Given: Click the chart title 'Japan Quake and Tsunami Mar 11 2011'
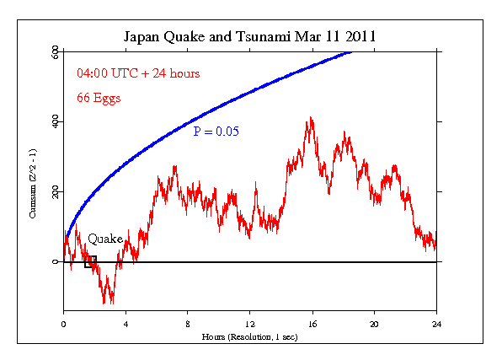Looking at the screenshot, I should [x=250, y=37].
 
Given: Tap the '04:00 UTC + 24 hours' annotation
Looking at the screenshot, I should [x=138, y=73].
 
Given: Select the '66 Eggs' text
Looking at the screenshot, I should [x=99, y=98].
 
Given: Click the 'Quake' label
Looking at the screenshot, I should [x=105, y=239].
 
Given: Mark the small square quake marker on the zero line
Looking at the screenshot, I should [x=90, y=261].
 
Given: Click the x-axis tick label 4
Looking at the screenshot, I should [x=125, y=323].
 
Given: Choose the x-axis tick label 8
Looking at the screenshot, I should [x=188, y=323].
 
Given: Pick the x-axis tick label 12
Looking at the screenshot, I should [x=250, y=323].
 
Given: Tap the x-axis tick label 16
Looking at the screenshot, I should [x=312, y=323].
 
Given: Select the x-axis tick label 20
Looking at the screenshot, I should [x=374, y=323].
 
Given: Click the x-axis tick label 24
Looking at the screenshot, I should [x=436, y=323].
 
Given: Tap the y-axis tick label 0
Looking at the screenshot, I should [x=55, y=262].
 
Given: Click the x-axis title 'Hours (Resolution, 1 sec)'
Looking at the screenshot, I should [x=250, y=336].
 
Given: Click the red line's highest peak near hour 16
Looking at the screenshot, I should [x=311, y=119].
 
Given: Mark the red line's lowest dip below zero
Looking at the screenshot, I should [x=104, y=303].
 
